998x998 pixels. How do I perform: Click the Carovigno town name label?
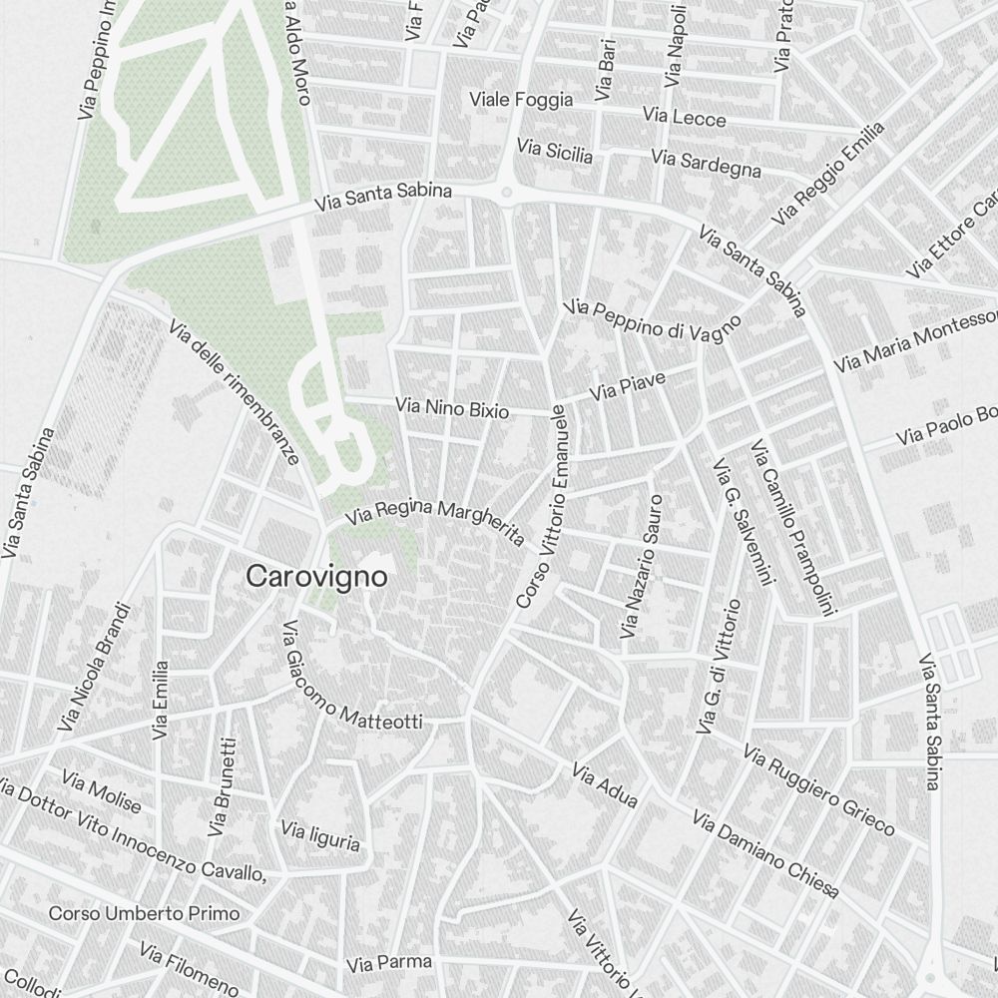point(316,577)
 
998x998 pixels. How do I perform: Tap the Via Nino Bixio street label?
point(452,408)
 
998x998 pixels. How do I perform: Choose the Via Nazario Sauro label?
point(642,567)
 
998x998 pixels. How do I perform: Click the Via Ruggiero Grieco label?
point(818,789)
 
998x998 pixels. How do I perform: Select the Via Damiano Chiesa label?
point(765,854)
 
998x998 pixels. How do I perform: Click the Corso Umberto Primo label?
point(144,913)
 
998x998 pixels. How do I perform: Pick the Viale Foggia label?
point(521,100)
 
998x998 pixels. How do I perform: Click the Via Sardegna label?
point(706,164)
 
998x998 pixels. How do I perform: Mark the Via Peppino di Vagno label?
point(654,321)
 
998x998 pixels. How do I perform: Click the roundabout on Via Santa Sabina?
point(507,192)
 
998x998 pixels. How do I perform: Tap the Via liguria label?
point(320,836)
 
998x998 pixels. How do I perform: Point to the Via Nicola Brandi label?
point(96,666)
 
